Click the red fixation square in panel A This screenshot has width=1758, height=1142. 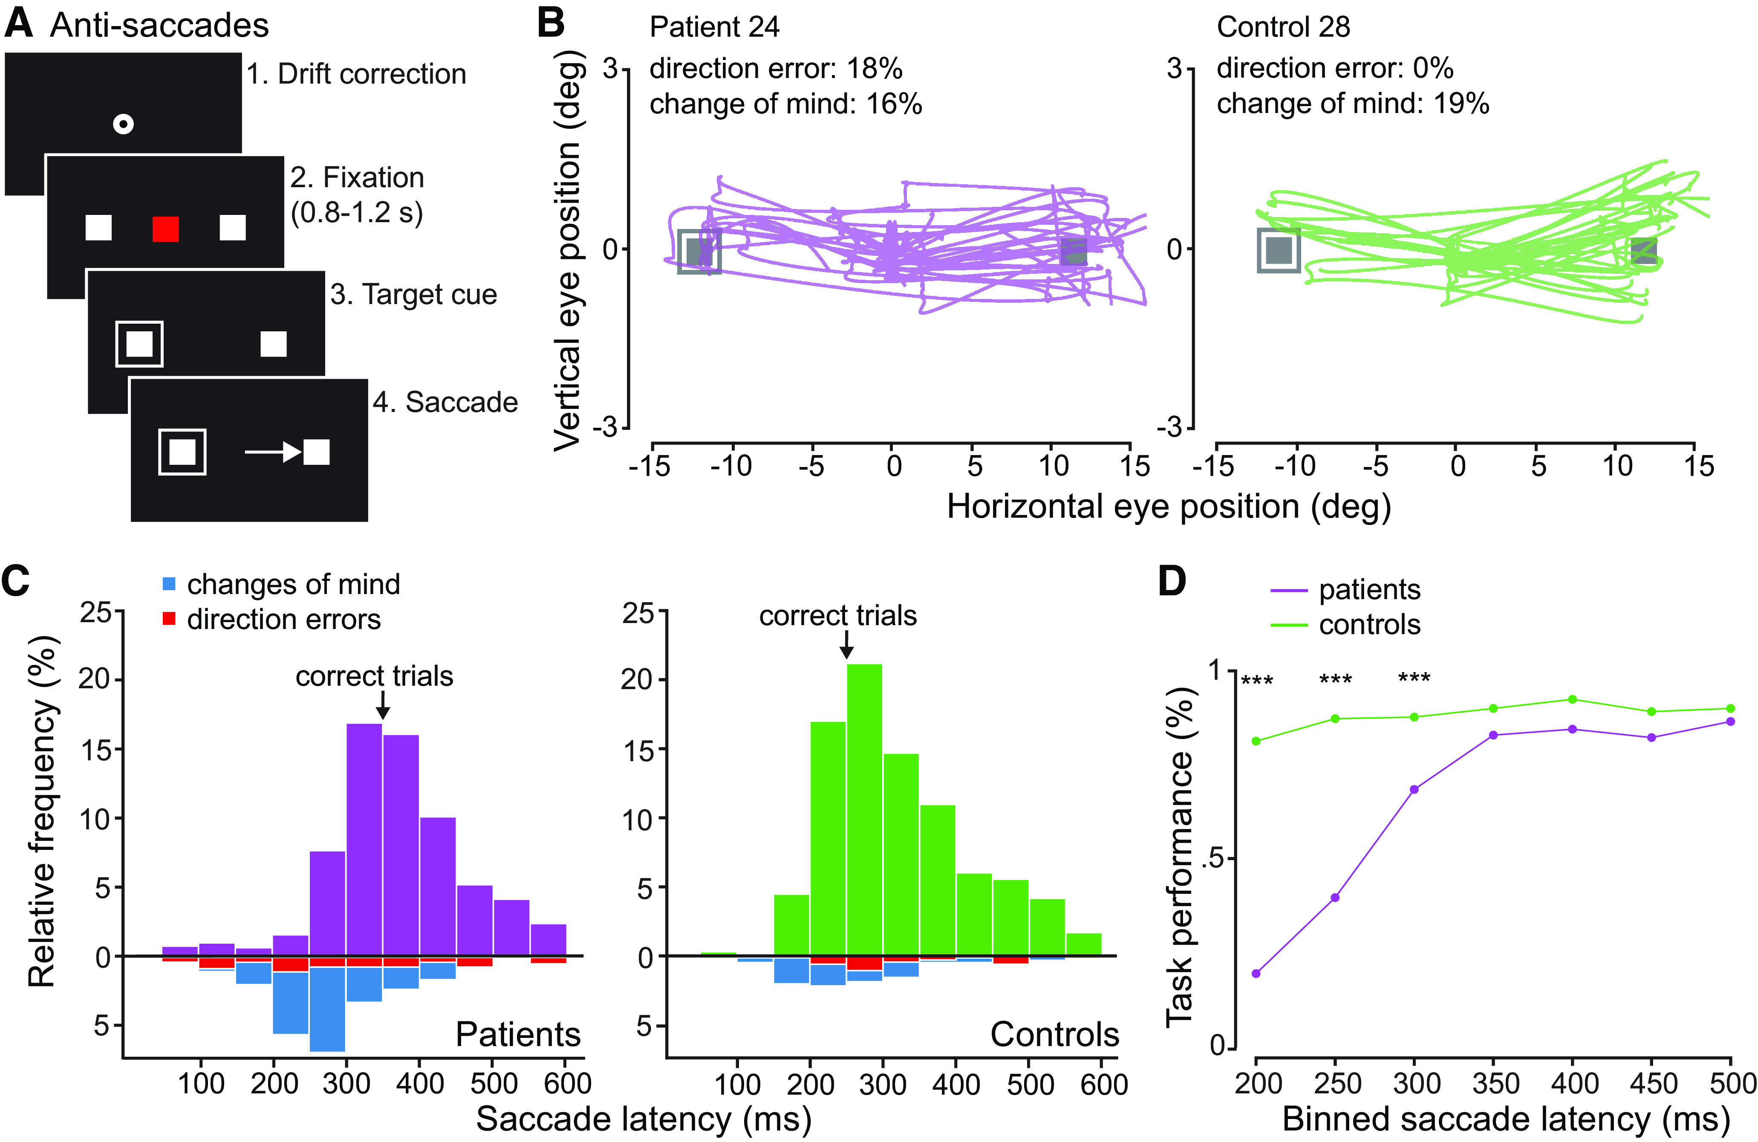click(x=165, y=229)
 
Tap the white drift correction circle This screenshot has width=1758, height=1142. click(x=123, y=123)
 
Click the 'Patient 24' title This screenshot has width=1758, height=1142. click(x=714, y=27)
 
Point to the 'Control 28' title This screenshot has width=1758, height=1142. click(x=1283, y=27)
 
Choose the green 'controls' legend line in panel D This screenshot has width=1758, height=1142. click(x=1289, y=625)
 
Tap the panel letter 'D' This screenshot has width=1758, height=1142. click(x=1172, y=582)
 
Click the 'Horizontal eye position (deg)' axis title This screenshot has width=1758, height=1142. click(x=1169, y=507)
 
